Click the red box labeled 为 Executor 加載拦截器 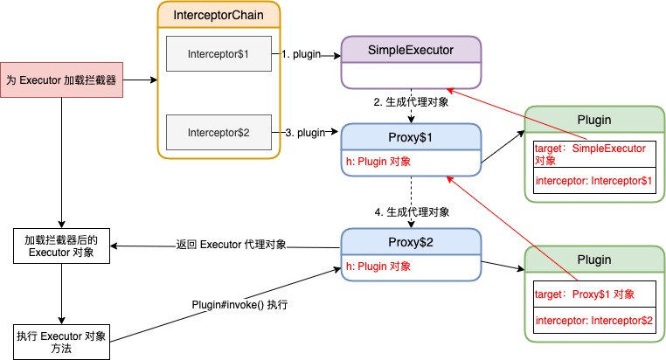(x=61, y=80)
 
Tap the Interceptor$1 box (x=219, y=54)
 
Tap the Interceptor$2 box (x=219, y=132)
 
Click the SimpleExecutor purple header (x=411, y=50)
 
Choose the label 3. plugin (x=304, y=133)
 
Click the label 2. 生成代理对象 (x=411, y=103)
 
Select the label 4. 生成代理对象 (x=411, y=212)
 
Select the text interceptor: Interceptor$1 (x=593, y=179)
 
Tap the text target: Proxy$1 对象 (x=584, y=294)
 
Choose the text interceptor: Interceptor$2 (x=593, y=321)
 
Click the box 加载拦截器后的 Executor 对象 (x=61, y=246)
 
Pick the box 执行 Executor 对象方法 (x=61, y=342)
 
